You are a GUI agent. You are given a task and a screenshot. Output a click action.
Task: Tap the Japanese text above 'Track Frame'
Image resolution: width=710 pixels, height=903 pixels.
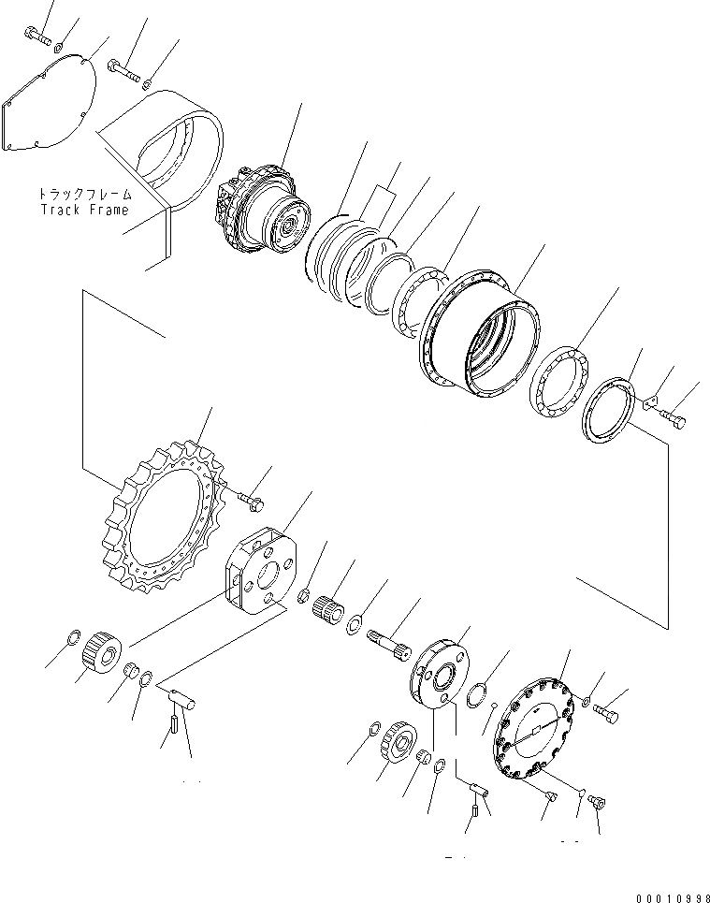tap(85, 195)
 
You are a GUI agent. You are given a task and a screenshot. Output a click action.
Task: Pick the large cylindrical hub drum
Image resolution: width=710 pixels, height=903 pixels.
tap(482, 332)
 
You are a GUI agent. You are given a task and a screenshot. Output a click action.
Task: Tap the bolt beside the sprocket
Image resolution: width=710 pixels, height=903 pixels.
tap(251, 503)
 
